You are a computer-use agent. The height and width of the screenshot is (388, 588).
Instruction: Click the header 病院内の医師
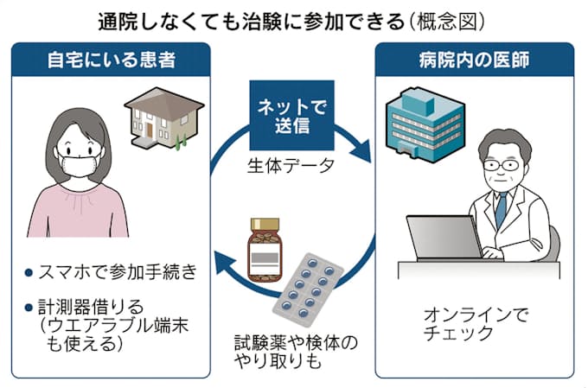[x=476, y=62]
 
